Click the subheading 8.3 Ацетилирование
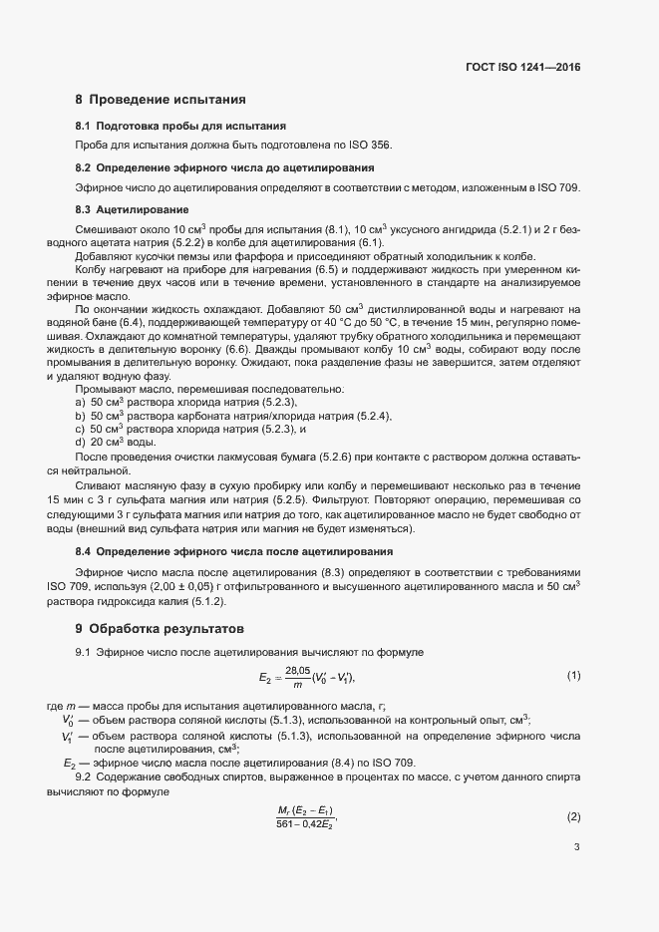click(133, 209)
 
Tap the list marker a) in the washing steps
click(80, 402)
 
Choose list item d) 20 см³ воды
click(115, 442)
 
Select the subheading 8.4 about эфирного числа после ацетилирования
click(234, 551)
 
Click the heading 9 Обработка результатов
click(160, 629)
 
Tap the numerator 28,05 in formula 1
click(297, 671)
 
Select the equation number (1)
click(573, 677)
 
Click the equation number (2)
click(573, 817)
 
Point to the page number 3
click(576, 876)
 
